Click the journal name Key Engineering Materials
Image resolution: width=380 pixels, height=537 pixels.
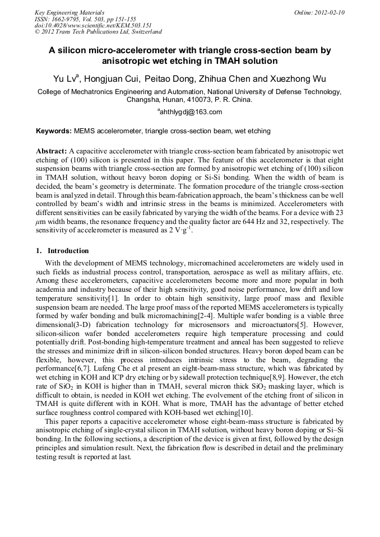[69, 12]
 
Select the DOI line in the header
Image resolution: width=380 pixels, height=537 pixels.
[93, 25]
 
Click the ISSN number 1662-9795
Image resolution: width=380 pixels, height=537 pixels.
[67, 19]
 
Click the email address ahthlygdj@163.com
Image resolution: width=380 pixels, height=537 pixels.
[191, 112]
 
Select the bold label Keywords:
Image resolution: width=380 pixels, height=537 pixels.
[54, 131]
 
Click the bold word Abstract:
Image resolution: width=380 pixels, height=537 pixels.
[52, 152]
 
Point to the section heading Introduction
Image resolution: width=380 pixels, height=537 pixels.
[68, 251]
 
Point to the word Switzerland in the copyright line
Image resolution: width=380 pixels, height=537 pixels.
[143, 32]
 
